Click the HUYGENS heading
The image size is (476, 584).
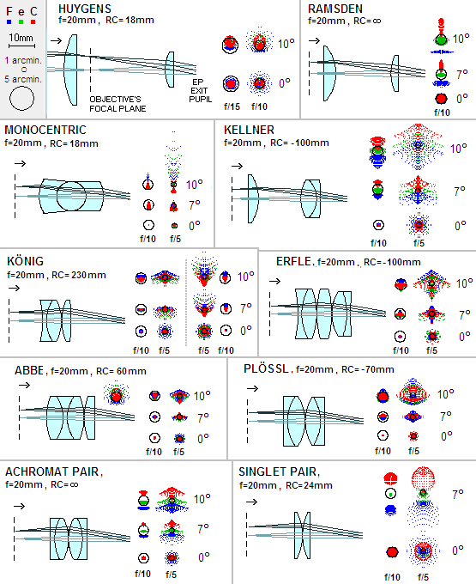click(85, 9)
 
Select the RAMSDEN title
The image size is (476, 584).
click(335, 9)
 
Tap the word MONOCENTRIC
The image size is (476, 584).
click(45, 130)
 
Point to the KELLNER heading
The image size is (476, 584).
click(249, 130)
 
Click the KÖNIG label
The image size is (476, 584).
click(25, 261)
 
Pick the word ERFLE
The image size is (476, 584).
click(293, 261)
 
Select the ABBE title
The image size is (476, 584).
click(29, 371)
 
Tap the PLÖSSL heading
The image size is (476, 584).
click(266, 368)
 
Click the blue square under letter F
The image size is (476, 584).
click(9, 22)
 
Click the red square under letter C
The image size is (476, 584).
click(33, 22)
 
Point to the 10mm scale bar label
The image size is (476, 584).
click(21, 38)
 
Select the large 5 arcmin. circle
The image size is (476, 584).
click(21, 98)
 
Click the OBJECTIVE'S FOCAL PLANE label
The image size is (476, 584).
click(117, 104)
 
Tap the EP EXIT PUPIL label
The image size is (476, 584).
click(200, 90)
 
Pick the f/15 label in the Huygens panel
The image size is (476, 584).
click(232, 106)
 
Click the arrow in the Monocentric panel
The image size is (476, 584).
click(21, 163)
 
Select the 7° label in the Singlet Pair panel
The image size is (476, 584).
click(458, 494)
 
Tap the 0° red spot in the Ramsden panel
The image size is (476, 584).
click(441, 99)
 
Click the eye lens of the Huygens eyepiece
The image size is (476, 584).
click(170, 70)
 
